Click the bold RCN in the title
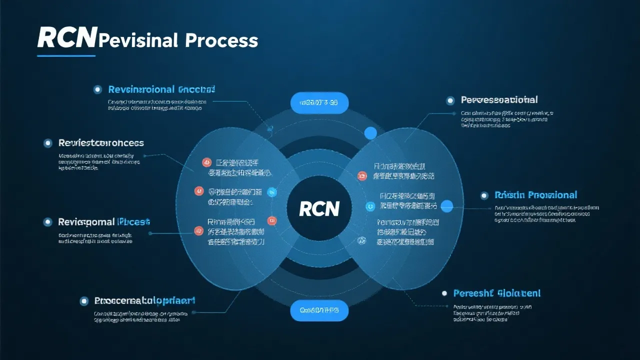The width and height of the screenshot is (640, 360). pos(66,38)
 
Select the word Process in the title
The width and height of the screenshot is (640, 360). pos(221,40)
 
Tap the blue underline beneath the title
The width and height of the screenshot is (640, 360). pos(66,55)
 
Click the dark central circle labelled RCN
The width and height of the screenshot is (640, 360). pos(319,208)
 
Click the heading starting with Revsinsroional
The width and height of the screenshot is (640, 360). pos(161,89)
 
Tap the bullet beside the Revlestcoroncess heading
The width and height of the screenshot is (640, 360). pos(48,143)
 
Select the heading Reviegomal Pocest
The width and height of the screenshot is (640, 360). pos(104,221)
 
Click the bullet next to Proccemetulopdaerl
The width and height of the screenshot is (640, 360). pos(84,301)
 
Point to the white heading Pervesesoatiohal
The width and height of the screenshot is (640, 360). pos(499,100)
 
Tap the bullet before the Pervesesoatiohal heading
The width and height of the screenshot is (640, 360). pos(450,100)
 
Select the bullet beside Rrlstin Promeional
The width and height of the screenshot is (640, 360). pos(484,195)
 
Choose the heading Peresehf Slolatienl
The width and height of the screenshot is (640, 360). pos(496,293)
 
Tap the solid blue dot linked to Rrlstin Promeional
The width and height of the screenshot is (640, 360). pos(447,205)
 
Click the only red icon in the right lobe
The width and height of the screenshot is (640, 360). pos(362,175)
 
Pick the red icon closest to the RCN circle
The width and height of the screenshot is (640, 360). pos(272,220)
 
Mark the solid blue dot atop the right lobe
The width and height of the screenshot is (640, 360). pos(370,133)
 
